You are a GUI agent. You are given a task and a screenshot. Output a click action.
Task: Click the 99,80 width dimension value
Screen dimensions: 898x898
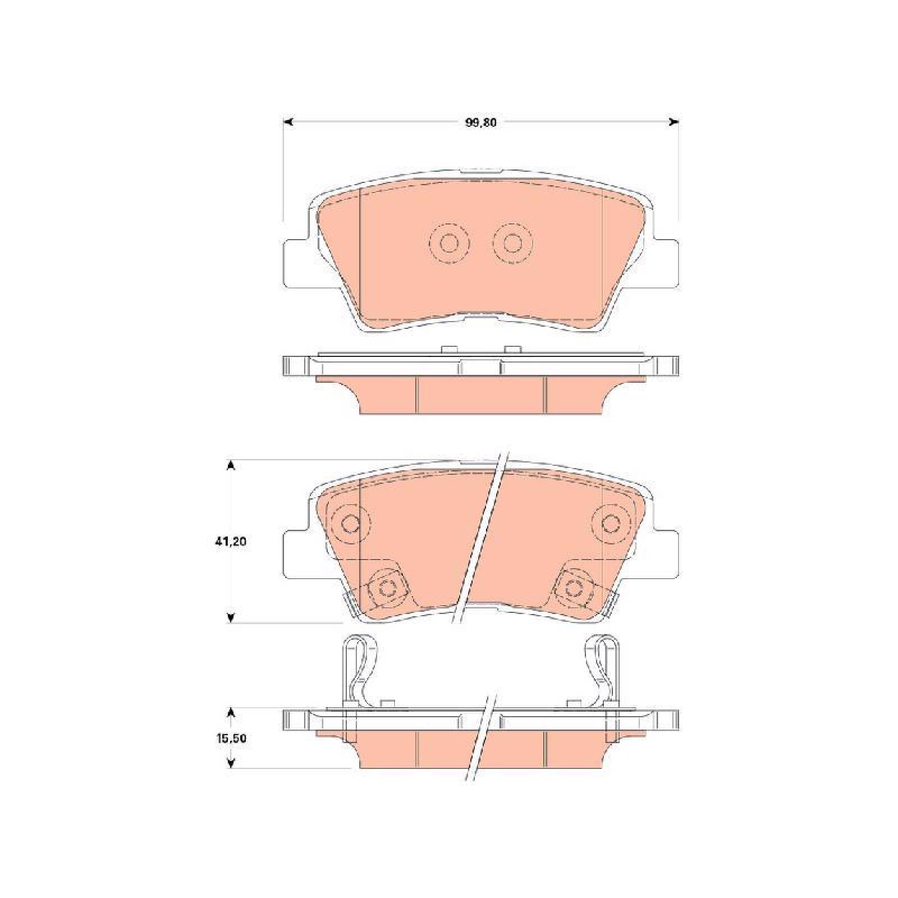click(x=480, y=123)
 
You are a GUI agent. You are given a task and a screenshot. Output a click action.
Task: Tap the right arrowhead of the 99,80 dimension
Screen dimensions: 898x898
click(x=675, y=122)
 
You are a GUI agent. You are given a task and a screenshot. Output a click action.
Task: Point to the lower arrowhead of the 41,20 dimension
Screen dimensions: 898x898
click(x=231, y=618)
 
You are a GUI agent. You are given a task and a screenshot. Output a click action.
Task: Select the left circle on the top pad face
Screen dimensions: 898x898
click(x=448, y=243)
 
